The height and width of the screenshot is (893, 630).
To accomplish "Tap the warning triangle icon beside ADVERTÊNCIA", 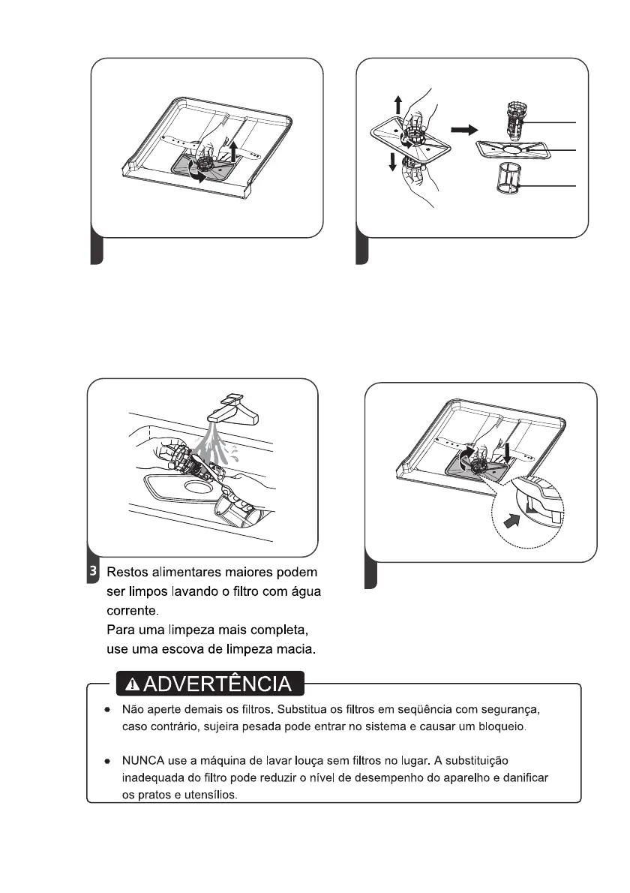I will click(x=133, y=684).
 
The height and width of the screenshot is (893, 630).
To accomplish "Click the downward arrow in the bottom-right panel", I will click(x=509, y=453).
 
